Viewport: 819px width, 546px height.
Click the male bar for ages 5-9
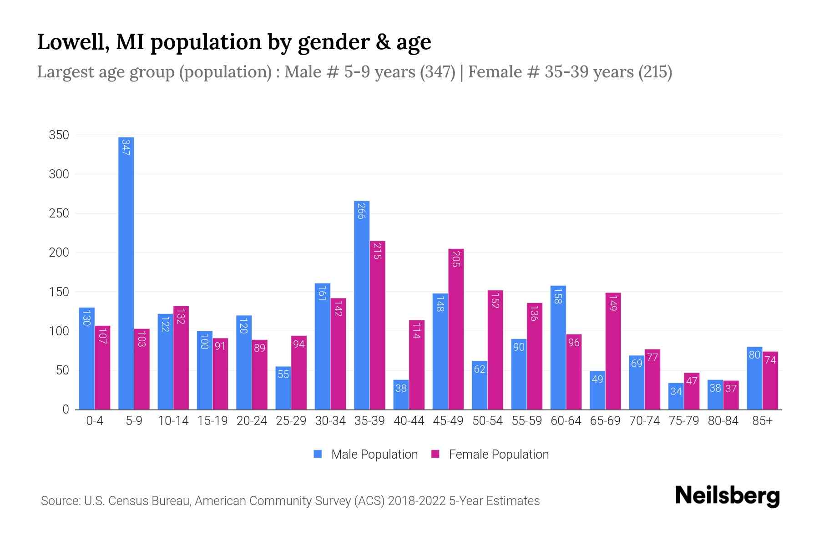pyautogui.click(x=126, y=273)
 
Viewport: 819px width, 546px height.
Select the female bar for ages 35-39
pyautogui.click(x=377, y=325)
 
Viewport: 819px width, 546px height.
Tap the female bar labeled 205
pyautogui.click(x=456, y=329)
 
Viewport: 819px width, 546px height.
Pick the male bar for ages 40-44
pyautogui.click(x=401, y=395)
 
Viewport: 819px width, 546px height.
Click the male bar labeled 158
pyautogui.click(x=558, y=348)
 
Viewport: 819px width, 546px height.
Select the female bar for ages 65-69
pyautogui.click(x=613, y=351)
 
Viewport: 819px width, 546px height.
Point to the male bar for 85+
pyautogui.click(x=754, y=378)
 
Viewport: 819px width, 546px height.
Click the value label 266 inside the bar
pyautogui.click(x=361, y=211)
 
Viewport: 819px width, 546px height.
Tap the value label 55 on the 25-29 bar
pyautogui.click(x=283, y=374)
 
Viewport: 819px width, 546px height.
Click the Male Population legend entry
pyautogui.click(x=366, y=455)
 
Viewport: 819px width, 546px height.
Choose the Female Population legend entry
pyautogui.click(x=490, y=455)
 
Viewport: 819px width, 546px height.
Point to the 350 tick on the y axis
pyautogui.click(x=59, y=135)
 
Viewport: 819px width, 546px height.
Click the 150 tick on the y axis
pyautogui.click(x=59, y=292)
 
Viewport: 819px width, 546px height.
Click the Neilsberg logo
pyautogui.click(x=727, y=496)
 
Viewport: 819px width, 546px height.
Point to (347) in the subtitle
pyautogui.click(x=437, y=72)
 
